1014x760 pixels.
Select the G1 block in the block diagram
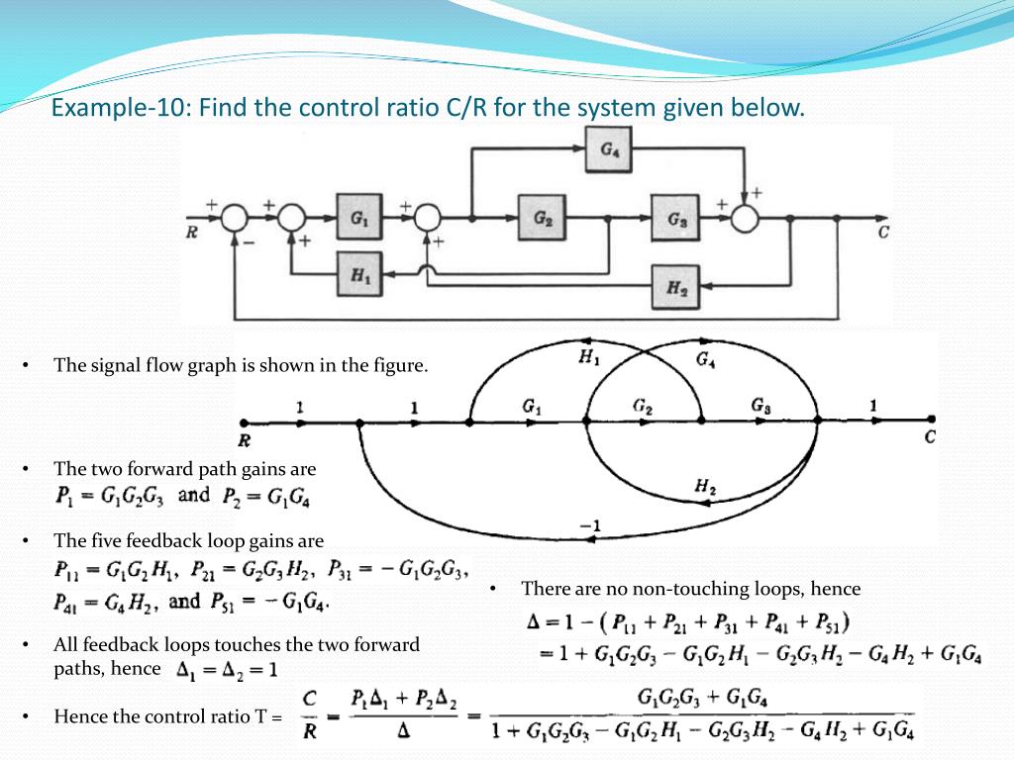[359, 219]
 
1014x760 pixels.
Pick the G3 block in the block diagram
[676, 219]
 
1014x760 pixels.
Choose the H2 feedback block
[676, 287]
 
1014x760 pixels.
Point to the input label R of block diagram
[191, 235]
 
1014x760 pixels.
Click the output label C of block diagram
[882, 235]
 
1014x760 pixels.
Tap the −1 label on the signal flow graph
[590, 524]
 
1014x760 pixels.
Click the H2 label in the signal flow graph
[705, 485]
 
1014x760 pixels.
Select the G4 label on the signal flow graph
[706, 361]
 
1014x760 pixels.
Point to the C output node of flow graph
[931, 420]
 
